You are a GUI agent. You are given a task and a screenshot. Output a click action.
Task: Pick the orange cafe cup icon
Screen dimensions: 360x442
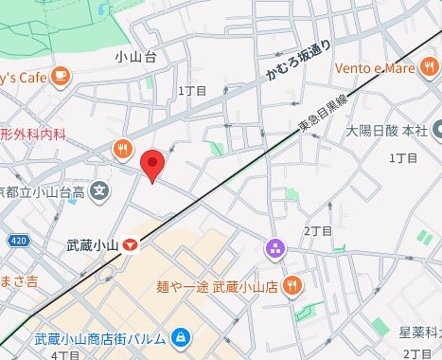61,74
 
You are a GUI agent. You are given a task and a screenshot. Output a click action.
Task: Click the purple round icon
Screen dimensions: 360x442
275,249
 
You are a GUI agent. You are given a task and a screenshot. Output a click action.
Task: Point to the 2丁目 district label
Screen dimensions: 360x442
318,230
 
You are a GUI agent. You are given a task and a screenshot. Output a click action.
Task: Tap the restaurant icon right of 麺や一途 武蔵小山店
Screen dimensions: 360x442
293,284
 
